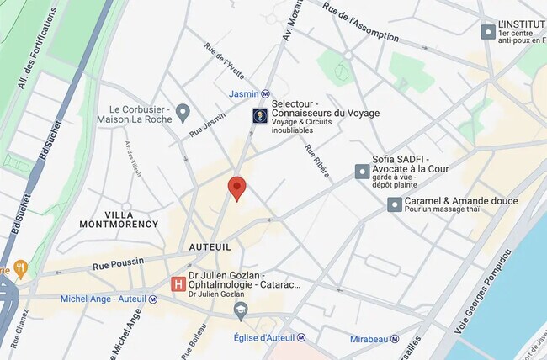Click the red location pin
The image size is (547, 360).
tap(237, 188)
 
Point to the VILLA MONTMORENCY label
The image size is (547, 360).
tap(119, 220)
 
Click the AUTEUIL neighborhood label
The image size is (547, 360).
tap(210, 246)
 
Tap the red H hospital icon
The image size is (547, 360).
tap(178, 284)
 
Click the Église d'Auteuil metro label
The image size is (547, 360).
tap(270, 338)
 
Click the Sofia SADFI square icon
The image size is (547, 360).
tap(362, 171)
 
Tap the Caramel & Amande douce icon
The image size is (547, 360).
tap(394, 204)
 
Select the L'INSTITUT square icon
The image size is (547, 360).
tap(487, 32)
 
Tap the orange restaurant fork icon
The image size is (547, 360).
tap(20, 269)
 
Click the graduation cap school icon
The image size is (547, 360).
tap(242, 312)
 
